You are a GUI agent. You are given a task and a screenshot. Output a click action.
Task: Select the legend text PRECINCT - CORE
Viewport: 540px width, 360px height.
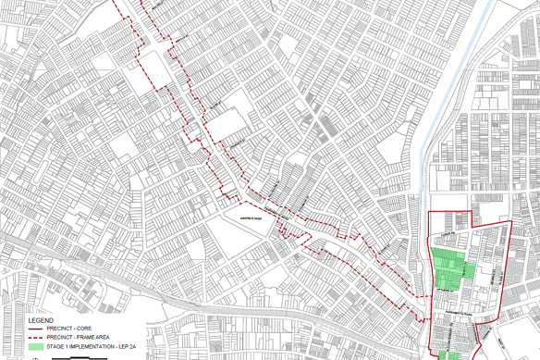(x=69, y=328)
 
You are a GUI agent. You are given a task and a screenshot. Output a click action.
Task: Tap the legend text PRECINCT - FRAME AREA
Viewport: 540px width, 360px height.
(x=79, y=337)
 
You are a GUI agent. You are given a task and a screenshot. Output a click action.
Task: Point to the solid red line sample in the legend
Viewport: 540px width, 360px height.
(x=35, y=328)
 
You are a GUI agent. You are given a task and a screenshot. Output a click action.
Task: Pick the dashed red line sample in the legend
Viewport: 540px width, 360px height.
(x=35, y=337)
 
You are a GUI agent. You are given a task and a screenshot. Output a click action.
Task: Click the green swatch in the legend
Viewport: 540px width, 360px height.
(x=35, y=347)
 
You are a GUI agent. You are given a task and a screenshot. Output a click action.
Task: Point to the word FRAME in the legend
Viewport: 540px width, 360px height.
(x=86, y=337)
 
